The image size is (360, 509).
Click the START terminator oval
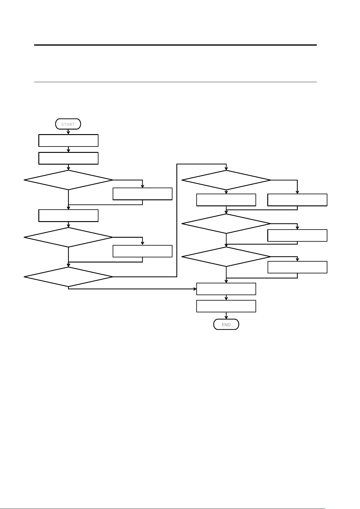click(x=68, y=124)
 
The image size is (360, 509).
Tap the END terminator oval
click(x=226, y=324)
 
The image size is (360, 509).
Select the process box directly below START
click(x=69, y=140)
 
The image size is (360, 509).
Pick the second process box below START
click(x=69, y=158)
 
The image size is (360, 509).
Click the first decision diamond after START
click(x=69, y=180)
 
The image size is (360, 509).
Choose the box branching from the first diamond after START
click(x=143, y=194)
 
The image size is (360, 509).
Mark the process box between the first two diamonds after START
click(x=69, y=216)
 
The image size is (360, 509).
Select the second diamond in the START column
click(x=69, y=237)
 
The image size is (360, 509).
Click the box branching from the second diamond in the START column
click(x=143, y=251)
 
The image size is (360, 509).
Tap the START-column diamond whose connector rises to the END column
click(x=69, y=277)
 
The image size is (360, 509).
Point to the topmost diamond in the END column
click(x=226, y=180)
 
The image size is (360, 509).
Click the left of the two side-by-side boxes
click(x=226, y=200)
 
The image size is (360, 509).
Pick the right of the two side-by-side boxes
click(x=297, y=200)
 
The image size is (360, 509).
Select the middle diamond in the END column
click(x=226, y=224)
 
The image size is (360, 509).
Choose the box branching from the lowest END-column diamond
click(x=297, y=267)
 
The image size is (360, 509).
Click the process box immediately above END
click(x=226, y=306)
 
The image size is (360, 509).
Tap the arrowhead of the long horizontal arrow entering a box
click(x=195, y=289)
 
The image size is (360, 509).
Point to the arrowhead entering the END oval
click(x=226, y=317)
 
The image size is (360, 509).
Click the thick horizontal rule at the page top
click(x=175, y=45)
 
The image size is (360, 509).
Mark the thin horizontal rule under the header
click(x=175, y=82)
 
